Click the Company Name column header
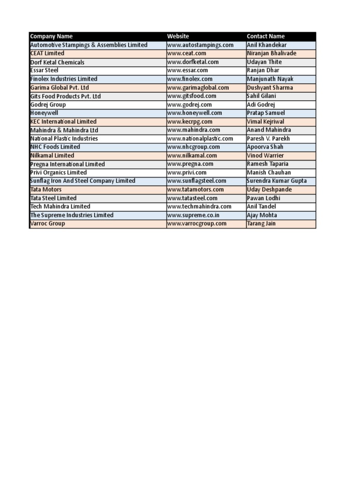coord(52,37)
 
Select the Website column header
coord(178,37)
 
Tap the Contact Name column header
coord(266,37)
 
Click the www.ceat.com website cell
coord(187,53)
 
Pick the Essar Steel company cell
coord(45,70)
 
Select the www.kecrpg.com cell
coord(190,122)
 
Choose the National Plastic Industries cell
coord(64,139)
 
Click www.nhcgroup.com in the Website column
coord(194,147)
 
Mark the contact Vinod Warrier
coord(265,156)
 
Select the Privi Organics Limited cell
coord(59,172)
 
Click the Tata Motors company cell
coord(46,190)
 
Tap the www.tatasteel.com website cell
coord(192,198)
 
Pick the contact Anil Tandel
coord(262,207)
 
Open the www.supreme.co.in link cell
coord(194,215)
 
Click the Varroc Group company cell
coord(48,224)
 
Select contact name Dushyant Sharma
coord(270,88)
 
